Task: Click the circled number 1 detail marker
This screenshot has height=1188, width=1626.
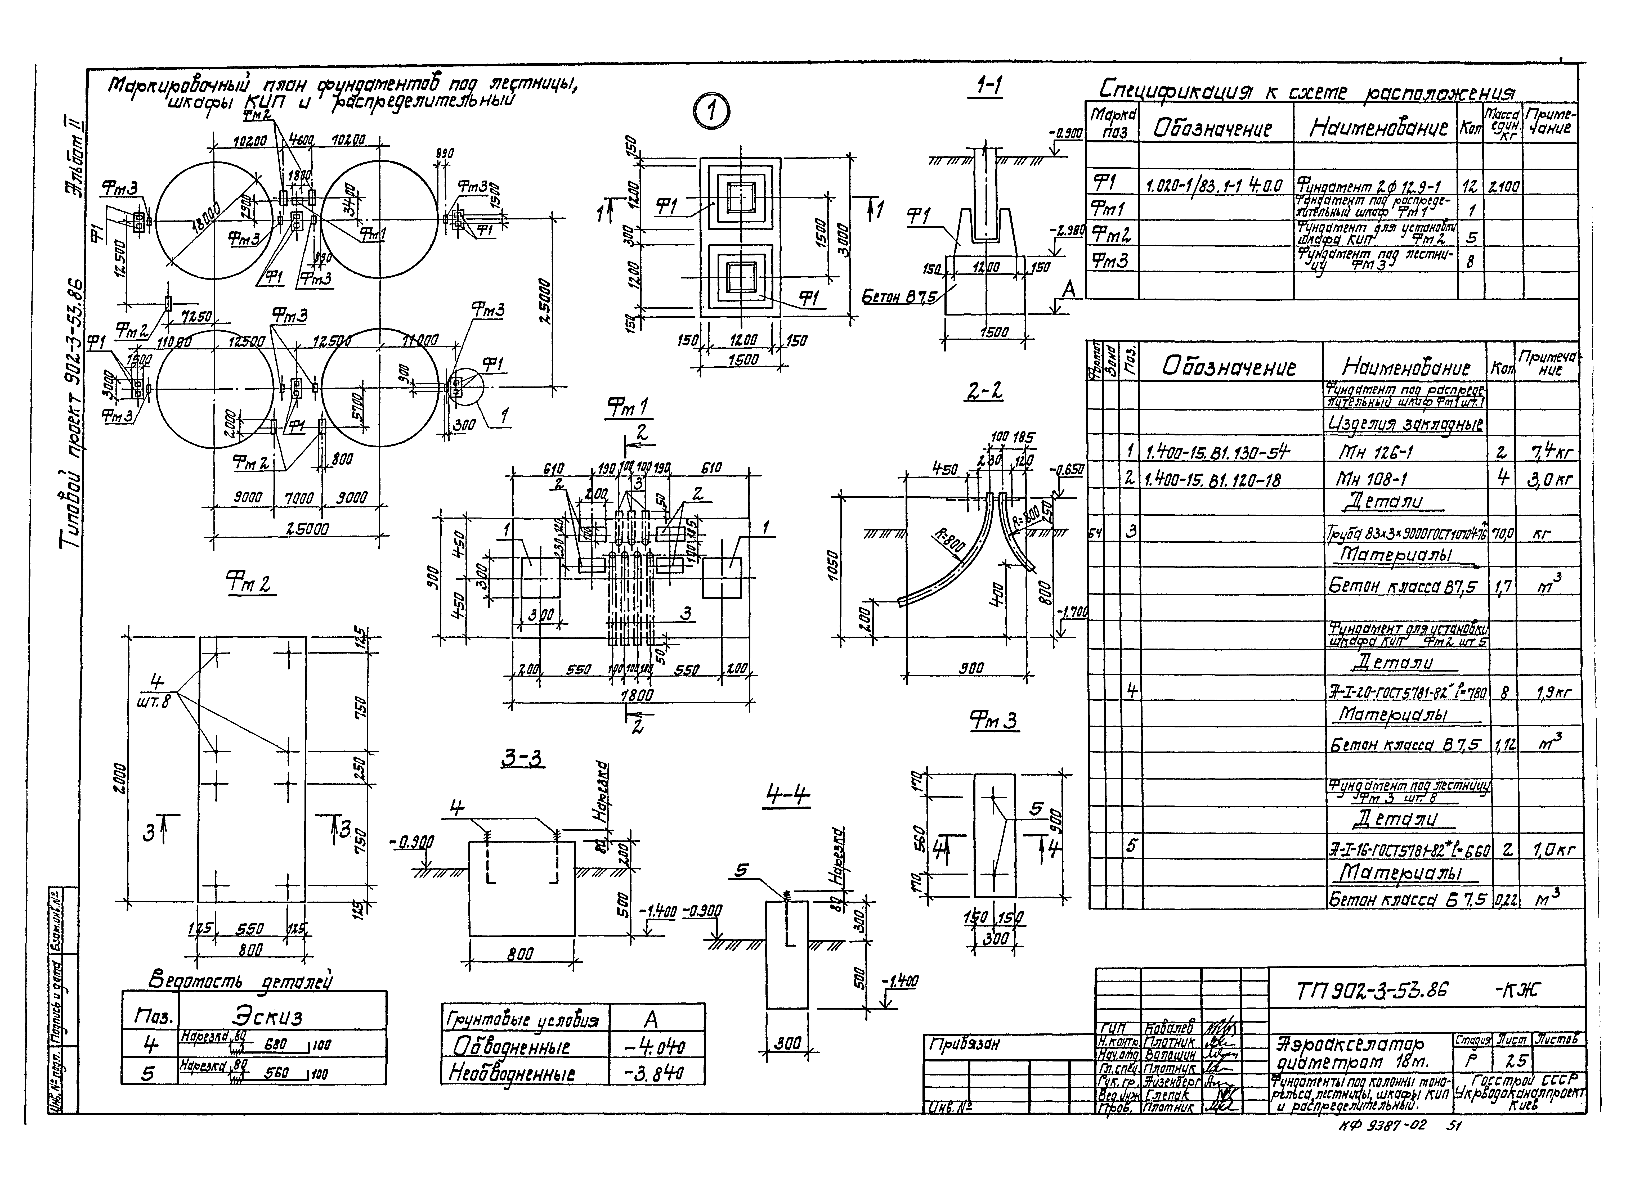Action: pos(711,114)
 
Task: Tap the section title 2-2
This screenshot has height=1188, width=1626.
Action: pos(984,392)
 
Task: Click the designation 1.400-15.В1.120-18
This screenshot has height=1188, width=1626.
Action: pos(1212,480)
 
